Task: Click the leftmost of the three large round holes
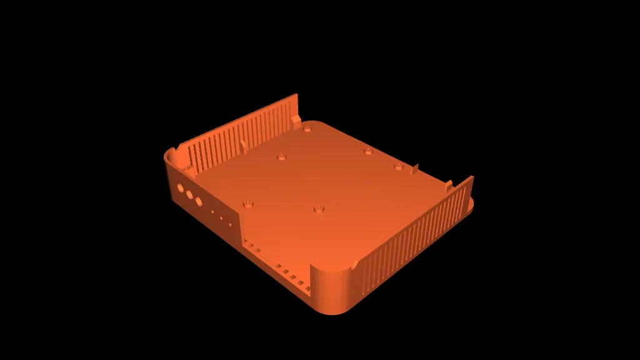(180, 187)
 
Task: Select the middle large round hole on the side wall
(189, 194)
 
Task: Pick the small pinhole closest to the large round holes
(212, 212)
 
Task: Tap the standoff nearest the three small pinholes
(248, 203)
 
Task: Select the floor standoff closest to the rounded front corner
(319, 209)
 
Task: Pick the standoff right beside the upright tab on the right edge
(397, 166)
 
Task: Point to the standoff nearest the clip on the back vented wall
(282, 156)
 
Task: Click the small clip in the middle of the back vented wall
(244, 147)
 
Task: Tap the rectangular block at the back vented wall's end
(297, 117)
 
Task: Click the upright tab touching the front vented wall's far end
(448, 185)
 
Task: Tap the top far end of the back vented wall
(297, 96)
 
